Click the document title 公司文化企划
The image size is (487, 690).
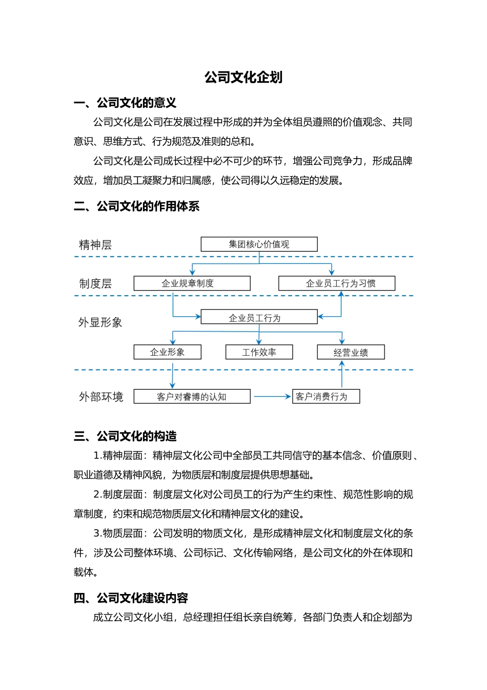pos(243,78)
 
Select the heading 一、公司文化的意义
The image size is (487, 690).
pos(125,103)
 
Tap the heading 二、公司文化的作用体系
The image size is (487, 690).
pos(136,206)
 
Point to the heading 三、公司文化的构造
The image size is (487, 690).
pos(125,436)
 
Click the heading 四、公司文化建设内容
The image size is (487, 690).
pos(131,598)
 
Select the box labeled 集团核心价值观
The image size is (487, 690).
pos(259,244)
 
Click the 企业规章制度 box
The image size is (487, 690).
pos(192,283)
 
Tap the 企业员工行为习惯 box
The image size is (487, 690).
pos(337,283)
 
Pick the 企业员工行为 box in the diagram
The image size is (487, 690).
pos(259,317)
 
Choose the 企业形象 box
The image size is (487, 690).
pos(168,352)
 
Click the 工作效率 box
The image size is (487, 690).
pos(259,352)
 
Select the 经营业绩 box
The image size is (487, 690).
pos(351,352)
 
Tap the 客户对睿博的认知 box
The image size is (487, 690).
pos(192,396)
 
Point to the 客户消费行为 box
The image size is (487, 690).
pos(326,396)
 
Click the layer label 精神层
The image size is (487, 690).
pos(95,245)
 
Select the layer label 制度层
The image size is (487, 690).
pos(95,284)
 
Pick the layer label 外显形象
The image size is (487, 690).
pos(100,322)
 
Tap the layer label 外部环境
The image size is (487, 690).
pos(101,397)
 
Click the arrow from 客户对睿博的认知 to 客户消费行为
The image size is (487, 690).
pos(272,396)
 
